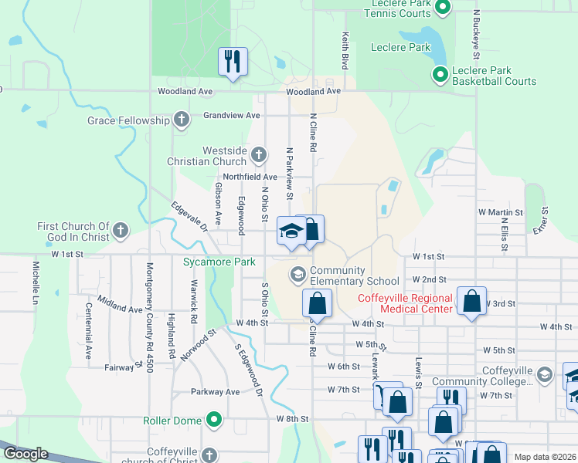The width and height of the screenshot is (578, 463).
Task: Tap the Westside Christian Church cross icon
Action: click(x=258, y=156)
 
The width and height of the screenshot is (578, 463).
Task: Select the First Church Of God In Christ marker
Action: click(x=120, y=230)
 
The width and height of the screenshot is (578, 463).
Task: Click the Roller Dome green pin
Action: click(x=214, y=421)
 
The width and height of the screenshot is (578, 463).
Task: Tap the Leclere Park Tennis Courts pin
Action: click(x=443, y=8)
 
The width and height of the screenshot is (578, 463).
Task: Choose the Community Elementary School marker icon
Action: click(x=297, y=274)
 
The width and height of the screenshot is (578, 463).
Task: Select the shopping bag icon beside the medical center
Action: click(x=471, y=300)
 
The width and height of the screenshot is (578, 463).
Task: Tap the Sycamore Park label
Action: click(x=219, y=262)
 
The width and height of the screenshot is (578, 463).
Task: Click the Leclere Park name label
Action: click(x=400, y=47)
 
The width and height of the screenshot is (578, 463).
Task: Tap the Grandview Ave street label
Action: click(x=232, y=115)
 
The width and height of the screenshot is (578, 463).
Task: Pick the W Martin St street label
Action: click(x=500, y=211)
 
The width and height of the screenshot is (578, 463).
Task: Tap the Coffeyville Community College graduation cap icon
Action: click(x=544, y=375)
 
